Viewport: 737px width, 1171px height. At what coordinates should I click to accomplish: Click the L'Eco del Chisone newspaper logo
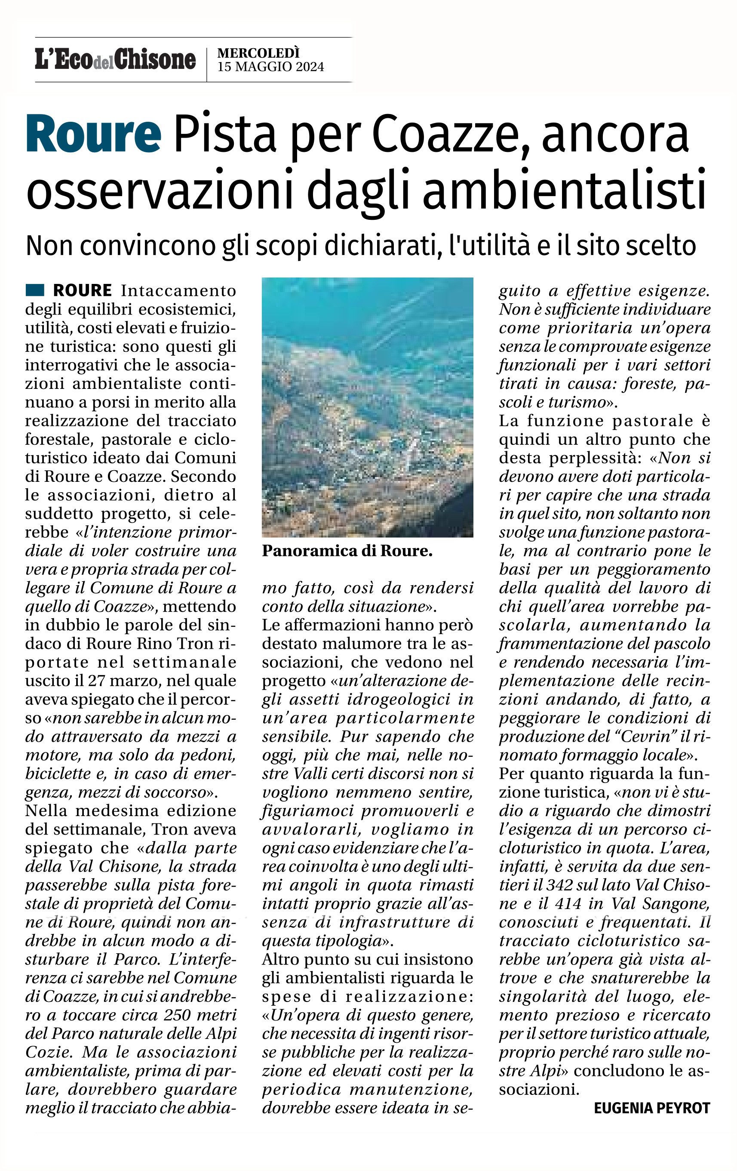pyautogui.click(x=115, y=60)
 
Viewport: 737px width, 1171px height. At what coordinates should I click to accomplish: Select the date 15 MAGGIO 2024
pyautogui.click(x=270, y=67)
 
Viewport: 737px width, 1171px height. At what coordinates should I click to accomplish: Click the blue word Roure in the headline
pyautogui.click(x=93, y=134)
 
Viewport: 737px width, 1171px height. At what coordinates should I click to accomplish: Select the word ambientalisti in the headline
pyautogui.click(x=564, y=189)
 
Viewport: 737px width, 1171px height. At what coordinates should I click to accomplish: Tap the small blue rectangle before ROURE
pyautogui.click(x=35, y=290)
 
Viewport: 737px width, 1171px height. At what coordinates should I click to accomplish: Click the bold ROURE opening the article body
pyautogui.click(x=83, y=290)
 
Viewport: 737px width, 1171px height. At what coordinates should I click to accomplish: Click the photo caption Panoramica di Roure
pyautogui.click(x=347, y=551)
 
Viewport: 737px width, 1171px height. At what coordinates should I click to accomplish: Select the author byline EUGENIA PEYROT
pyautogui.click(x=652, y=1108)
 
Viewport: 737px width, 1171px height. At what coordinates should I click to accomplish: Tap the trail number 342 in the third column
pyautogui.click(x=559, y=884)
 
